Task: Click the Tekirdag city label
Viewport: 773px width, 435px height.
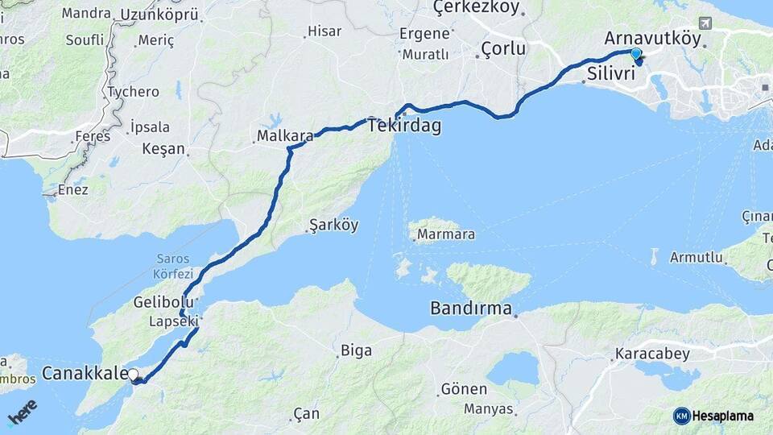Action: pyautogui.click(x=404, y=126)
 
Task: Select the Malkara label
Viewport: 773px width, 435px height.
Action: pyautogui.click(x=285, y=136)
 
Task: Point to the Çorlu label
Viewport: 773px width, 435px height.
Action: pyautogui.click(x=503, y=49)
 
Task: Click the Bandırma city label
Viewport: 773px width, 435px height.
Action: pyautogui.click(x=471, y=309)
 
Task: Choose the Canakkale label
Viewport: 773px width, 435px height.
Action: pyautogui.click(x=85, y=373)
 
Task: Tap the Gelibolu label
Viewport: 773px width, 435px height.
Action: pyautogui.click(x=165, y=303)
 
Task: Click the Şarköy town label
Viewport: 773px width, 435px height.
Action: pyautogui.click(x=333, y=226)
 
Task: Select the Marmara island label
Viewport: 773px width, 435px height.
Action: pyautogui.click(x=445, y=235)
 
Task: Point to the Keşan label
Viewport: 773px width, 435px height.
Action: pyautogui.click(x=163, y=149)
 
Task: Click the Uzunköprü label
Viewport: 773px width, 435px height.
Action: pyautogui.click(x=159, y=14)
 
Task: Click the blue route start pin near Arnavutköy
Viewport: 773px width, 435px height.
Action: pyautogui.click(x=636, y=54)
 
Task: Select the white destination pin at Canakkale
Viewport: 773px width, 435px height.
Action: pyautogui.click(x=133, y=375)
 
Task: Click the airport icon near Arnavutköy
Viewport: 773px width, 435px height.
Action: pyautogui.click(x=706, y=23)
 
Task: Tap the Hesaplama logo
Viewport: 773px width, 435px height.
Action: pyautogui.click(x=713, y=416)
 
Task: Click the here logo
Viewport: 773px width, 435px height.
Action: pyautogui.click(x=22, y=412)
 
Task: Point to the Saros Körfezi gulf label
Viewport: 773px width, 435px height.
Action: pyautogui.click(x=173, y=266)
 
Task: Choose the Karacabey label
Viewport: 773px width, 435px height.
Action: pyautogui.click(x=649, y=354)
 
